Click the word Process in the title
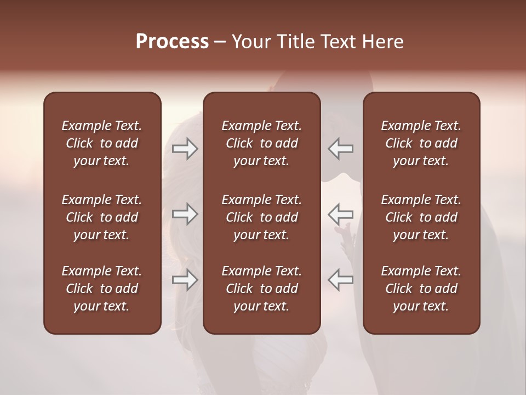(x=172, y=42)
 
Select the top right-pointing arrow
(x=185, y=149)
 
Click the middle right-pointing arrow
(x=185, y=214)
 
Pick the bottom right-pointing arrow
(x=185, y=280)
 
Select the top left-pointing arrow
(x=341, y=149)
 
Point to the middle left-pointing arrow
(x=341, y=214)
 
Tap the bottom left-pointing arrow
(x=341, y=280)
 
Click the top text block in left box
(x=102, y=143)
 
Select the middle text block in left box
(x=102, y=217)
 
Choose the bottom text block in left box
(x=102, y=289)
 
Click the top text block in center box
(x=262, y=143)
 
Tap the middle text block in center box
(x=262, y=217)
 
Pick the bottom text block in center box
(x=262, y=289)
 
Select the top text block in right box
(x=421, y=143)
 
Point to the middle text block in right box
(x=421, y=217)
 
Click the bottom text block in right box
(x=421, y=289)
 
